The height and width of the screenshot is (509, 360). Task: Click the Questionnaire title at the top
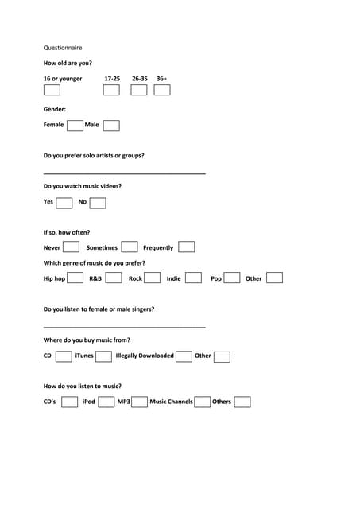point(63,48)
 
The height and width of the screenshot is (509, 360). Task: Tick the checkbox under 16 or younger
point(52,90)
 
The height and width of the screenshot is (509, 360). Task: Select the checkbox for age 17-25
point(112,90)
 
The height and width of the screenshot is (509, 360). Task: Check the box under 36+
point(162,90)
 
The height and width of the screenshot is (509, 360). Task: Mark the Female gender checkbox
point(75,126)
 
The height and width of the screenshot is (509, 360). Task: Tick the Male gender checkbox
point(111,126)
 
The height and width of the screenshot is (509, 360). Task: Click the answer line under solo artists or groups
point(124,173)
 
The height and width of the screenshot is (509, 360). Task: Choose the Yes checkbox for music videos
point(64,203)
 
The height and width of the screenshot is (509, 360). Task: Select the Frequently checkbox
point(187,247)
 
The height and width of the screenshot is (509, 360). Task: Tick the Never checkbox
point(71,247)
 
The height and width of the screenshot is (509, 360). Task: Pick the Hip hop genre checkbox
point(76,278)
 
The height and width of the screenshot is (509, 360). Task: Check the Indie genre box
point(193,278)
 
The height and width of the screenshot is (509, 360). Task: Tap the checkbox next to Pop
point(233,278)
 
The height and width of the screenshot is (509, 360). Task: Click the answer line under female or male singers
point(124,326)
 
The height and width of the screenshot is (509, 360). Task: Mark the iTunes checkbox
point(103,356)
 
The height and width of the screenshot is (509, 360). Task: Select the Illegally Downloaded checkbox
point(184,356)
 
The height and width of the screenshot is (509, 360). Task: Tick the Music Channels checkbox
point(203,402)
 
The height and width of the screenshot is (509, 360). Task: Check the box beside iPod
point(106,402)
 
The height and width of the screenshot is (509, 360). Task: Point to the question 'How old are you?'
point(68,63)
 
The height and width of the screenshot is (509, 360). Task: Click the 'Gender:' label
point(55,109)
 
